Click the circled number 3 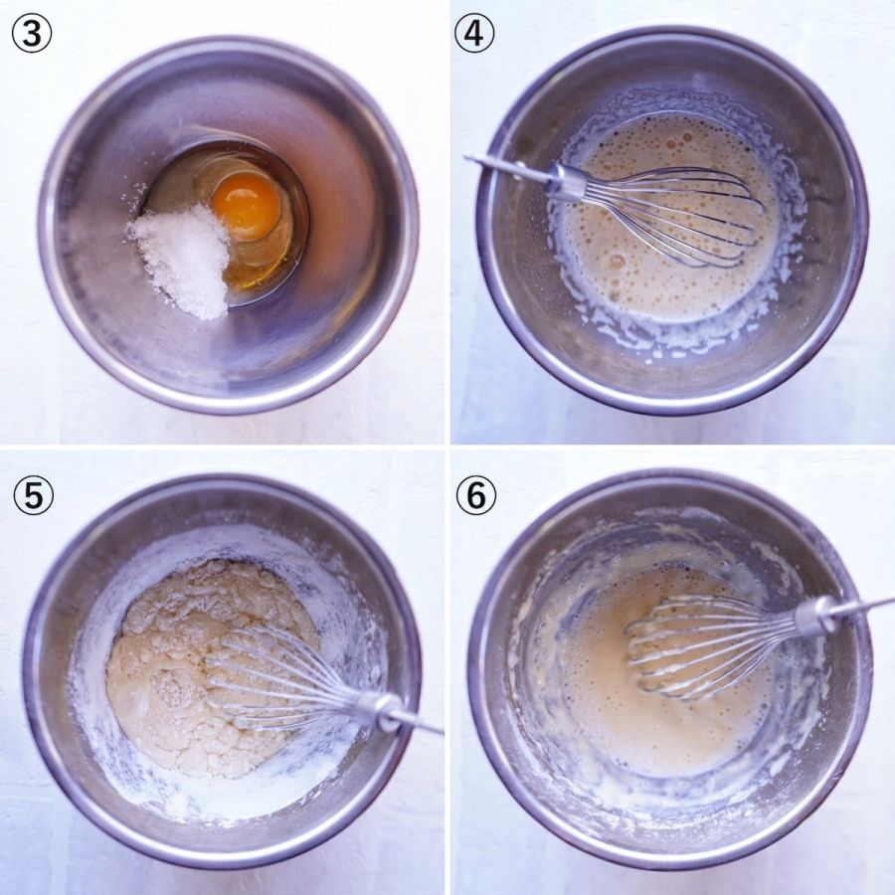pos(32,34)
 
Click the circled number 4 pos(474,34)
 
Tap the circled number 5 pos(33,495)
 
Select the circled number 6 pos(476,495)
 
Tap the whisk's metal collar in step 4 pos(565,184)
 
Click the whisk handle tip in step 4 pos(468,156)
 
